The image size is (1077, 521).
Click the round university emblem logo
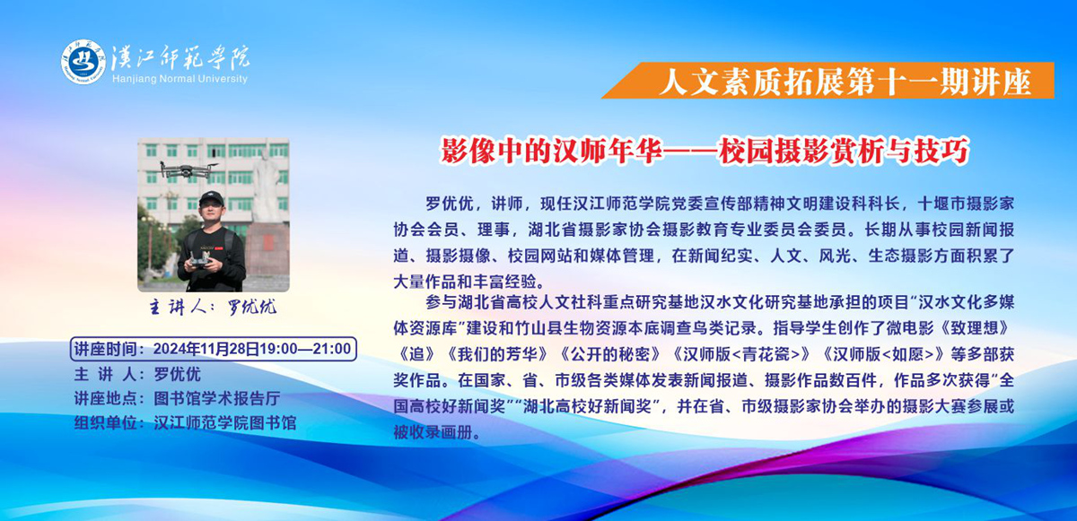[x=83, y=62]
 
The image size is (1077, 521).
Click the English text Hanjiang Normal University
[x=179, y=79]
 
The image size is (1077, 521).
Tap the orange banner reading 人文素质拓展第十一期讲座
[x=827, y=81]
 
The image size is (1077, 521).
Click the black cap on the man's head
[x=212, y=197]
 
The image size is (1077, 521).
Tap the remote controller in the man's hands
[x=199, y=260]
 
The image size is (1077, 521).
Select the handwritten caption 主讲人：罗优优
[x=213, y=307]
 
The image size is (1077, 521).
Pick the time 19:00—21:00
[x=305, y=349]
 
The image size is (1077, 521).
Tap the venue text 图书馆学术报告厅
[x=217, y=398]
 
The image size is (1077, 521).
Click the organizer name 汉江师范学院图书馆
[x=225, y=422]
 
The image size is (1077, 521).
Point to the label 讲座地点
[x=106, y=398]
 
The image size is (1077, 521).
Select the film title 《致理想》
[x=974, y=328]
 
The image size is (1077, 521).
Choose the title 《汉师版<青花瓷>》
[x=742, y=354]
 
